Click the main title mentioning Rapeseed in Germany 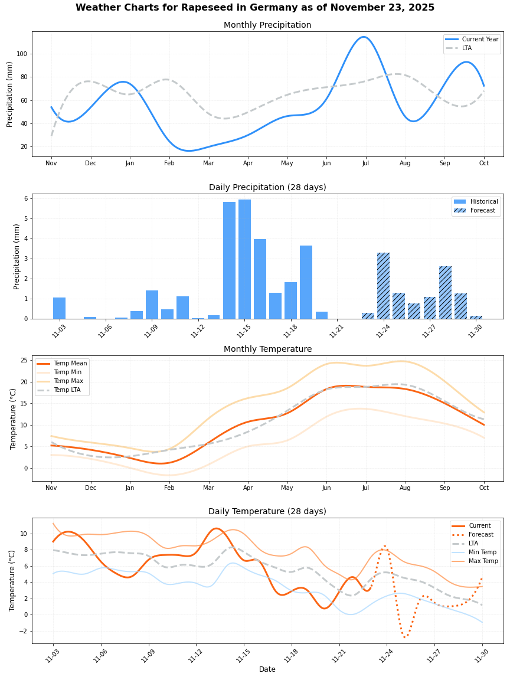(x=255, y=8)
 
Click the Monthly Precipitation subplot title (x=267, y=25)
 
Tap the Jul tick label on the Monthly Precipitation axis (x=365, y=163)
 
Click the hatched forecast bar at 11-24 (x=383, y=286)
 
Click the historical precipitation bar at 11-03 (x=59, y=308)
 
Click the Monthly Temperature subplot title (x=267, y=349)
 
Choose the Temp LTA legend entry (x=68, y=390)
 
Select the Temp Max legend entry (x=68, y=381)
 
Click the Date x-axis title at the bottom (x=267, y=669)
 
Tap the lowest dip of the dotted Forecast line (x=405, y=637)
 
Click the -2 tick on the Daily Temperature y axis (x=23, y=631)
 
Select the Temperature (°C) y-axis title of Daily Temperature (x=12, y=580)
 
